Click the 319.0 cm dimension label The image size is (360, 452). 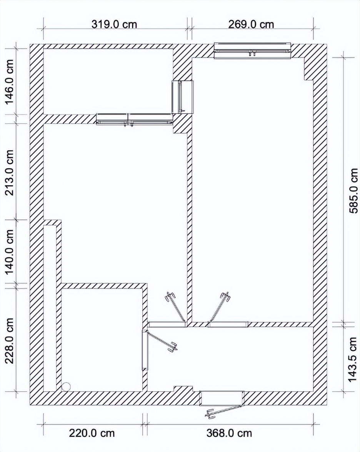tap(114, 24)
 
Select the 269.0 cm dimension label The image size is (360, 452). tap(251, 24)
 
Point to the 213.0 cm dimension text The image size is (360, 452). tap(10, 172)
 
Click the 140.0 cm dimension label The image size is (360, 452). tap(10, 252)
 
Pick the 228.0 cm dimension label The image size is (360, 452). tap(10, 341)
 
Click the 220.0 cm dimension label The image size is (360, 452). tap(92, 433)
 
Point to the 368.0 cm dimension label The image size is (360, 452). tap(229, 433)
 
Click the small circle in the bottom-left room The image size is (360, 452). tap(66, 387)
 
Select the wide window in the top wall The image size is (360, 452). tap(253, 50)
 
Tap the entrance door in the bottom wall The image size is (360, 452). tap(222, 398)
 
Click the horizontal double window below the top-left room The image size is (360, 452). tap(135, 119)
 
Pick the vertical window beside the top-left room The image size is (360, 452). tap(182, 97)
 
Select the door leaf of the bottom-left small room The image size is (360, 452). tap(162, 341)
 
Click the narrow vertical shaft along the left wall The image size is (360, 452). tap(50, 308)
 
